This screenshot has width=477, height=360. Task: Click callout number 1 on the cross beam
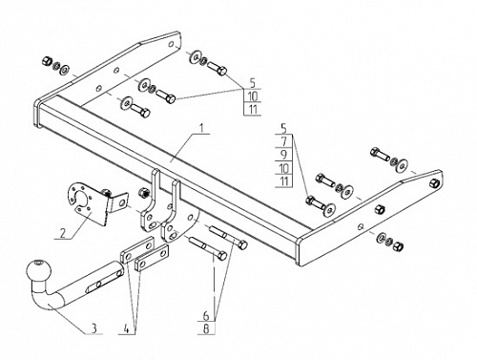tap(201, 128)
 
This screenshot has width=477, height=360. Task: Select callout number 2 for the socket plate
tap(63, 233)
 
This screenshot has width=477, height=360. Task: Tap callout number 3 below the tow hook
tap(93, 328)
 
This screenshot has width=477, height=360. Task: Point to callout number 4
tap(127, 329)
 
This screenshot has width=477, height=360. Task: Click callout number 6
tap(206, 316)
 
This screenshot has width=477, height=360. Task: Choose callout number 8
tap(206, 328)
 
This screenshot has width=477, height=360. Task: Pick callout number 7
tap(284, 141)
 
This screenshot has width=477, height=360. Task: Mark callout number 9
tap(284, 155)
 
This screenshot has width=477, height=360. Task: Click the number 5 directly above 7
tap(284, 129)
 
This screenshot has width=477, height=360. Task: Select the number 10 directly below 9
tap(284, 168)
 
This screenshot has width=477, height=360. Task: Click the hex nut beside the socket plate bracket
tap(143, 192)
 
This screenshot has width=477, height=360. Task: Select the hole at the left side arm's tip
tap(171, 44)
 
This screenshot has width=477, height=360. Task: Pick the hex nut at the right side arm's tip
tap(434, 183)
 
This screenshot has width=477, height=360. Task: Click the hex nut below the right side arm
tap(398, 246)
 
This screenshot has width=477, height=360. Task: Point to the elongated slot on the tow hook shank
tap(95, 286)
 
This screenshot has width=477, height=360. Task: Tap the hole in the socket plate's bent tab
tap(122, 201)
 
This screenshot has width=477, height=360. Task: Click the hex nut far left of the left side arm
tap(46, 60)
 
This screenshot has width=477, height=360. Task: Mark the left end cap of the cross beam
tap(36, 114)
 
